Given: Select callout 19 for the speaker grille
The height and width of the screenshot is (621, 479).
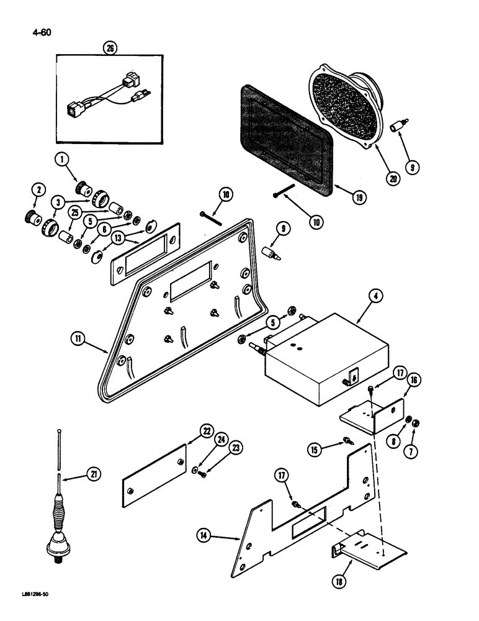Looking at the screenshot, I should coord(357,197).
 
